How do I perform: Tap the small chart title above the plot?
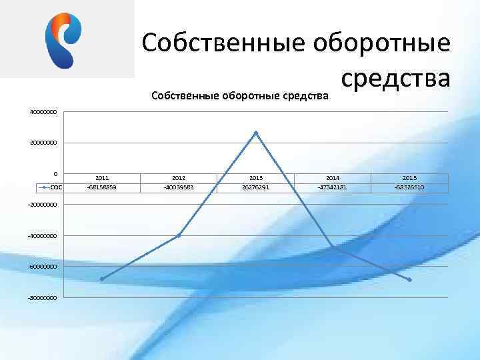tap(240, 95)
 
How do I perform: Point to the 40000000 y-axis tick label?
tap(43, 112)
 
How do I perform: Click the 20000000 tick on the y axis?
tap(43, 143)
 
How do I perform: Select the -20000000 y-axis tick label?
tap(42, 205)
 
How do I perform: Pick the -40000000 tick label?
tap(42, 235)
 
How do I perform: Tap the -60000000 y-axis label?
tap(42, 266)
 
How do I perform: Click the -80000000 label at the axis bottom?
tap(42, 297)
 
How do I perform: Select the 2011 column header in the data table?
tap(102, 178)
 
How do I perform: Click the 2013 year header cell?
tap(256, 178)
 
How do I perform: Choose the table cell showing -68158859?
tap(102, 187)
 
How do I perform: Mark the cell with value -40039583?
tap(179, 187)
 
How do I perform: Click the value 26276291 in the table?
tap(256, 187)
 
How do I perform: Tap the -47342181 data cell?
tap(333, 187)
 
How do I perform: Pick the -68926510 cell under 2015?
tap(409, 187)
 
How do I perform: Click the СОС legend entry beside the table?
tap(52, 187)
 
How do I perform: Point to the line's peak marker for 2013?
tap(256, 133)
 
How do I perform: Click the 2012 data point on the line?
tap(179, 235)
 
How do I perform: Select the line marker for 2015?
tap(409, 280)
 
